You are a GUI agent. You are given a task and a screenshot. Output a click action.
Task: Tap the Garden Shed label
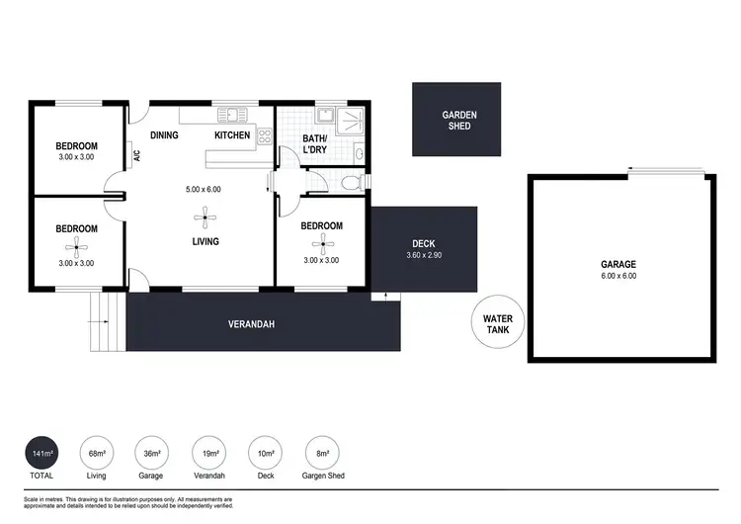[x=459, y=121]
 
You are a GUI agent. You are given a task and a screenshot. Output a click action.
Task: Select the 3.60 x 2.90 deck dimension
[x=424, y=256]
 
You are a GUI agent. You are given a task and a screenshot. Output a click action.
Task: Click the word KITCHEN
[x=233, y=135]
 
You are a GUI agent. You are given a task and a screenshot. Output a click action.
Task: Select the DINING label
[x=164, y=135]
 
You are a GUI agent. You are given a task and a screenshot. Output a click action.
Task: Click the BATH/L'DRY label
[x=315, y=144]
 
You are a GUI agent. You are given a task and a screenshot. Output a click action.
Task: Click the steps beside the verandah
[x=103, y=323]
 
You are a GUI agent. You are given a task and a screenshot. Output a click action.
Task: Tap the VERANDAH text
[x=251, y=323]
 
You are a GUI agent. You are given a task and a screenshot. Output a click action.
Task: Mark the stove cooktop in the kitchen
[x=264, y=137]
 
